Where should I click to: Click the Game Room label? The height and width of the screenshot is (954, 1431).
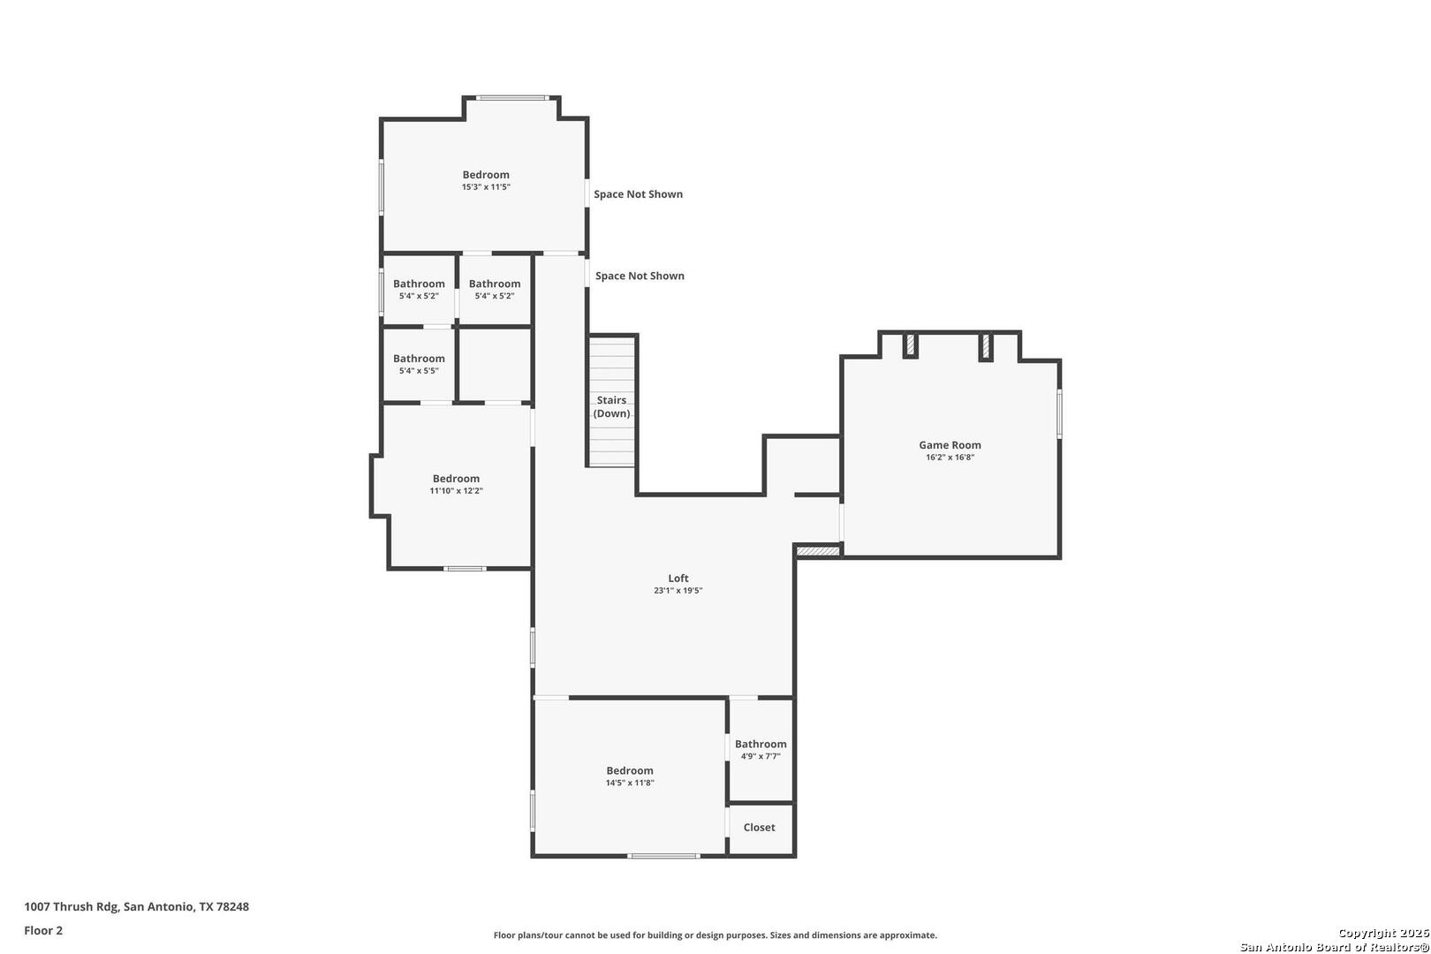point(950,444)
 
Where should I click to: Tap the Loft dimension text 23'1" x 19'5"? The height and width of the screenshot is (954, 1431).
point(678,590)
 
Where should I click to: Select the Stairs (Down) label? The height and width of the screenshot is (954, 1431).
point(611,406)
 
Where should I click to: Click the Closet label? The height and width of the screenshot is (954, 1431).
point(759,827)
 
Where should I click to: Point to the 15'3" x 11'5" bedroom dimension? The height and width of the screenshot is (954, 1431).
point(486,187)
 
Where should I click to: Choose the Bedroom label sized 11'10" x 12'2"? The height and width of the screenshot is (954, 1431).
point(456,479)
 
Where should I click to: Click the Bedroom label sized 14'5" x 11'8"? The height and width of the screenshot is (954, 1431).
point(630,770)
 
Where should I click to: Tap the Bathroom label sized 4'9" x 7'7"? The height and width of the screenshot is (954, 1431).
point(761,744)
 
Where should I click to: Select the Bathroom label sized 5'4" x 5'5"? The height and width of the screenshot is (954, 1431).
point(419,359)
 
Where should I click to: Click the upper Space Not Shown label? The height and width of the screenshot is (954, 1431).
point(638,194)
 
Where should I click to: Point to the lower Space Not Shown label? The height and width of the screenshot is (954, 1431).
point(640,276)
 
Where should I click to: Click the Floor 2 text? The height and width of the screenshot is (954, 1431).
point(43,930)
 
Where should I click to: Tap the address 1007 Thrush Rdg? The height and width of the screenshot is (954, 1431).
point(72,906)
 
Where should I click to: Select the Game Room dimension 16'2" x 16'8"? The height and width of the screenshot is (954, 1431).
point(950,458)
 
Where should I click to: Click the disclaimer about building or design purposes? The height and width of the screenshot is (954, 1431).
point(715,935)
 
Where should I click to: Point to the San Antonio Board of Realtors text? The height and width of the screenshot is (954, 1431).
point(1335,947)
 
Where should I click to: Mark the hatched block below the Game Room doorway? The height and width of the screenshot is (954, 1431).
point(818,551)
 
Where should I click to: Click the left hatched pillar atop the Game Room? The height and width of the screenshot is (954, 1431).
point(911,345)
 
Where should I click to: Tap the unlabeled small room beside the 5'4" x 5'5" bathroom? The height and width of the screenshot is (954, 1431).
point(495,365)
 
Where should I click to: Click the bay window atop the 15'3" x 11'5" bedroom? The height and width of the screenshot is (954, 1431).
point(512,98)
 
